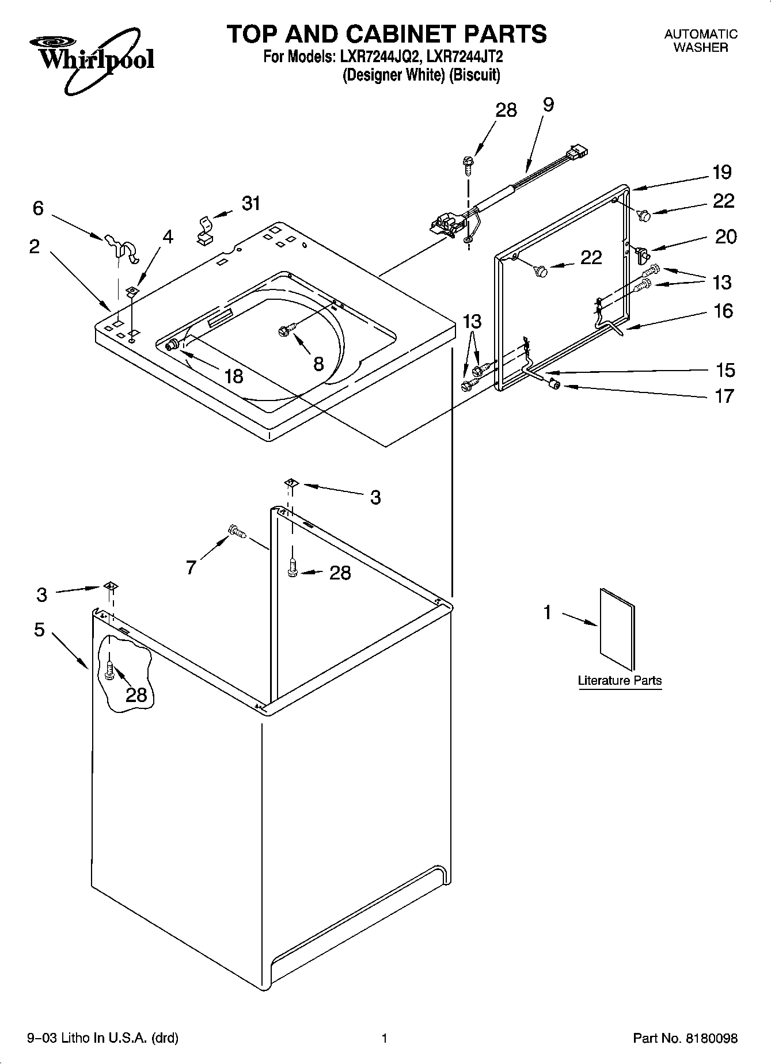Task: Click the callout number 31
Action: pos(251,203)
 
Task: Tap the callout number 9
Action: pos(548,105)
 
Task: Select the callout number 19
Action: pos(721,172)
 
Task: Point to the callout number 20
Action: pos(725,237)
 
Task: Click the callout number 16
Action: pos(723,311)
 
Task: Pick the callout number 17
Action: pos(724,396)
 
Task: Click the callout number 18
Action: pos(233,376)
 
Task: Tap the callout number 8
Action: pos(318,363)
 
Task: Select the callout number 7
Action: pos(191,567)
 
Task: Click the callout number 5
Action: pos(39,630)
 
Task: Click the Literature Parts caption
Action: pos(620,680)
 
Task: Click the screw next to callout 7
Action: pos(237,531)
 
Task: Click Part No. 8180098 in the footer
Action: pos(685,1038)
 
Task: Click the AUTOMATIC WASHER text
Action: pos(700,41)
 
